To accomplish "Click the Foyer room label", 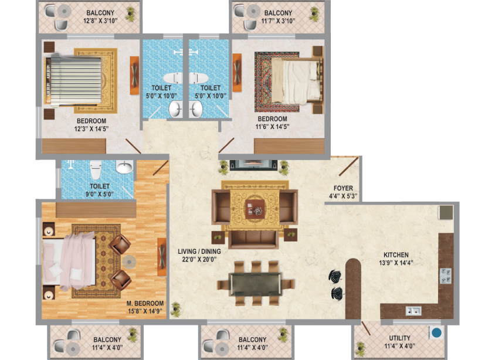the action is [343, 188].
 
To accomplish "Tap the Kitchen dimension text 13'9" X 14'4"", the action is [396, 263].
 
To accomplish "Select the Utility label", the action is [399, 338].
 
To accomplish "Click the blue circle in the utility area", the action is [437, 332].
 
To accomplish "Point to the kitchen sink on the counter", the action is [413, 311].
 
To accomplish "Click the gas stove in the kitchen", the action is [446, 276].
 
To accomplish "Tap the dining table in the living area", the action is [255, 284].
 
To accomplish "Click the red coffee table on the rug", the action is [255, 209].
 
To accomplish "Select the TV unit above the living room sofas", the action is [253, 165].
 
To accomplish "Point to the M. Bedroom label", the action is [145, 303].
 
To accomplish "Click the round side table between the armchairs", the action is [129, 261].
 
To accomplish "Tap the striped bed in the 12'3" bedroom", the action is [73, 80].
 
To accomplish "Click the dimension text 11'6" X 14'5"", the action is [272, 127].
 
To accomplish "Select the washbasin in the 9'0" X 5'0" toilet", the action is [125, 167].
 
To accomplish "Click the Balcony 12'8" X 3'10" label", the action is [100, 17].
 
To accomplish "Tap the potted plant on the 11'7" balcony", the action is [314, 15].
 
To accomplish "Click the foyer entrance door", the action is [348, 167].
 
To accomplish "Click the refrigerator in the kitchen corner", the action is [446, 212].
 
